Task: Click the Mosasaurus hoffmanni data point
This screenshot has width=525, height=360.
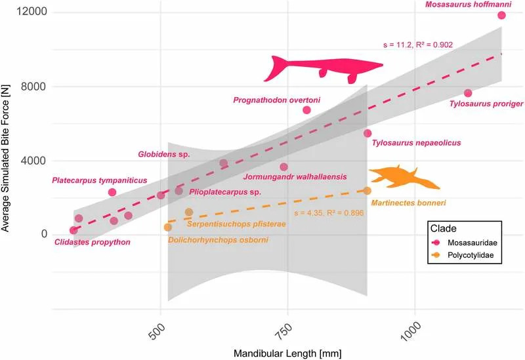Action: [x=501, y=15]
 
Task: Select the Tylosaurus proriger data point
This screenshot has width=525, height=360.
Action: [x=468, y=93]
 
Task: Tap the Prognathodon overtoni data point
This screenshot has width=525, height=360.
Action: [x=306, y=110]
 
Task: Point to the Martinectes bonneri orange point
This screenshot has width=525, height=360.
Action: [x=367, y=190]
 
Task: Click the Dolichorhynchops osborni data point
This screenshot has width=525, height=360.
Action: [x=167, y=227]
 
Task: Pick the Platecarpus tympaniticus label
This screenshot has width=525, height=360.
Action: [x=99, y=180]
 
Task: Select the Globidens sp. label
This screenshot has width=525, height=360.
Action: [x=163, y=155]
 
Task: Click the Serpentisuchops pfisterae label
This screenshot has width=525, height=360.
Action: [x=236, y=224]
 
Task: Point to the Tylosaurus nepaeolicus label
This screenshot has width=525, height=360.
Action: [x=417, y=142]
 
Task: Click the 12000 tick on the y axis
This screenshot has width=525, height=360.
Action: [x=31, y=13]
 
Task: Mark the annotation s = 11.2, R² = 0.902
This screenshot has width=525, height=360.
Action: [x=417, y=45]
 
